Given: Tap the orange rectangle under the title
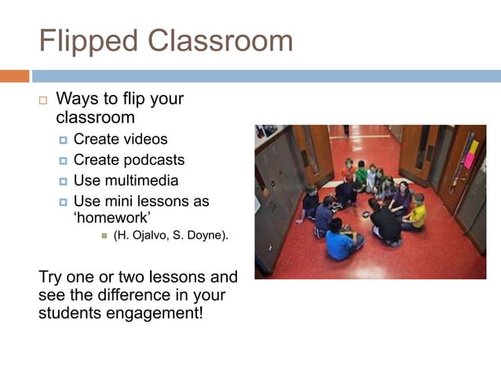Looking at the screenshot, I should pyautogui.click(x=14, y=76).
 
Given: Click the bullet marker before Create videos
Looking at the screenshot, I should pyautogui.click(x=64, y=140).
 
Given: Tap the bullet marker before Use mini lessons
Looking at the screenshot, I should pyautogui.click(x=64, y=202).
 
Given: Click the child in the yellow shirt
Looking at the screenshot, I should pyautogui.click(x=417, y=213).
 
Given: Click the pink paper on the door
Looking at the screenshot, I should pyautogui.click(x=470, y=159).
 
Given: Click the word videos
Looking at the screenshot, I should pyautogui.click(x=144, y=140).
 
